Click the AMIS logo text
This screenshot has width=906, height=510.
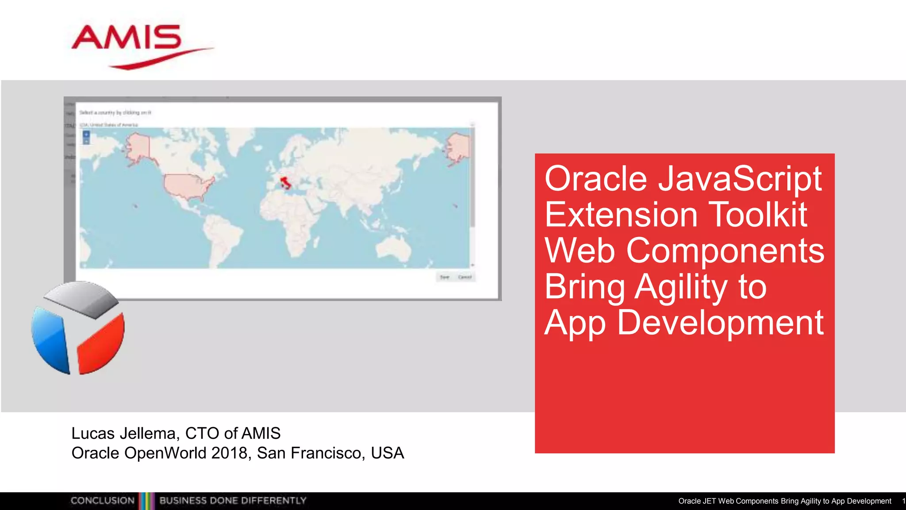point(127,38)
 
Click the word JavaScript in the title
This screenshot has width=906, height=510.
point(740,179)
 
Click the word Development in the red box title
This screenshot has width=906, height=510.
point(720,323)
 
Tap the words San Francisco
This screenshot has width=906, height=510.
point(311,453)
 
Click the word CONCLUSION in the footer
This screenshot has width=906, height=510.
point(103,501)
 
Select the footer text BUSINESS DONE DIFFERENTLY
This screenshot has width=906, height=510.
point(233,501)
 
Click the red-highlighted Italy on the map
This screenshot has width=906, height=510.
point(286,182)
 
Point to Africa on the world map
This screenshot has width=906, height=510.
point(290,221)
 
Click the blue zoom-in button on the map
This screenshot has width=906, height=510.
point(86,134)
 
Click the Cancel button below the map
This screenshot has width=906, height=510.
point(465,277)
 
